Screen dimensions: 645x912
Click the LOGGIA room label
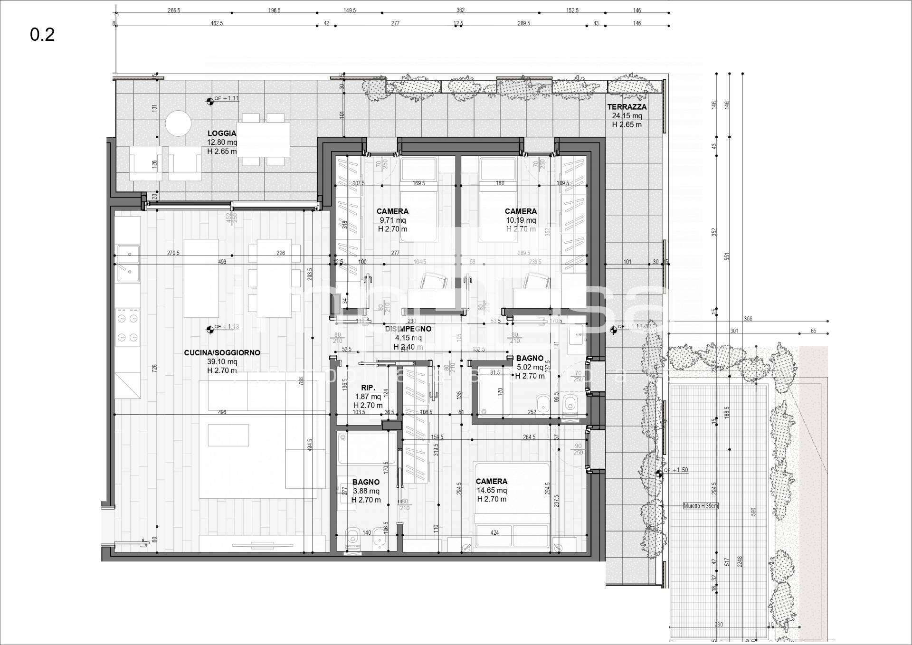pos(221,133)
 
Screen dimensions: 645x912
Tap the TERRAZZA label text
pos(627,107)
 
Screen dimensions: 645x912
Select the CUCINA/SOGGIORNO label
pos(222,353)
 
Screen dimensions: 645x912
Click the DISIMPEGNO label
pos(408,329)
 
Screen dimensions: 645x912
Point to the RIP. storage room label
pos(368,388)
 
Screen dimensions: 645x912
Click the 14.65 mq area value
pos(492,490)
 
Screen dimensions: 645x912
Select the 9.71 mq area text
pos(392,220)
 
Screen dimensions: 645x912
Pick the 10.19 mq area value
pos(521,220)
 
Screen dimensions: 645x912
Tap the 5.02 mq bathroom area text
pos(530,367)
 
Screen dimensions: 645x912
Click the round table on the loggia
pos(178,123)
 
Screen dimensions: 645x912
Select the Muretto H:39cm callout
pos(700,506)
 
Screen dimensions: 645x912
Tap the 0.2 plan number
pos(42,35)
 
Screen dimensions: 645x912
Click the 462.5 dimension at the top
pos(216,23)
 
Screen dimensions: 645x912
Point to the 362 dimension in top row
pos(460,10)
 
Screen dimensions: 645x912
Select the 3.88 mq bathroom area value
pos(366,491)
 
